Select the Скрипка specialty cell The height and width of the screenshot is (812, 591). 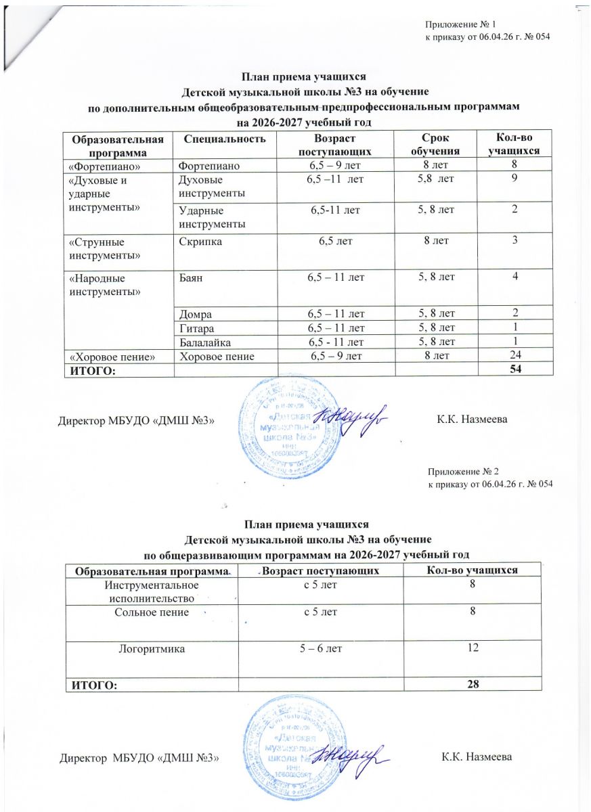tap(198, 242)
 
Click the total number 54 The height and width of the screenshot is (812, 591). tap(518, 368)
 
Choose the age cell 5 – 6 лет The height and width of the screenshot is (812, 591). tap(320, 648)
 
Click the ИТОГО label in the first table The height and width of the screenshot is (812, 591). tap(91, 368)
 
